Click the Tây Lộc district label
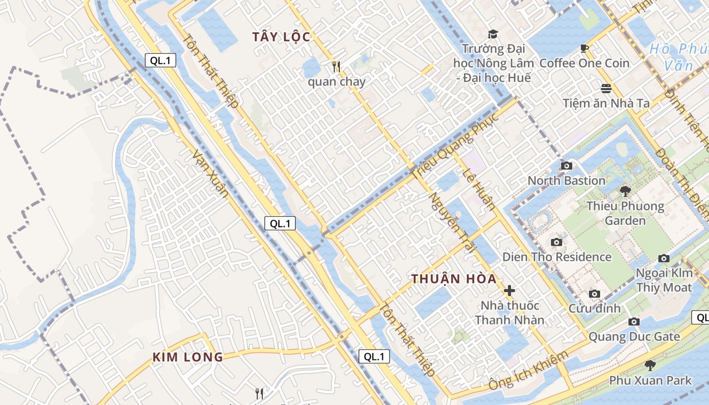[x=281, y=37]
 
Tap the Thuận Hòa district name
[x=453, y=279]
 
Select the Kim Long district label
[x=188, y=357]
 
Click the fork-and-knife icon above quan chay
[x=335, y=66]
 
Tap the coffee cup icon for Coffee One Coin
[x=584, y=48]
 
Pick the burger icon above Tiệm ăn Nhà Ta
[x=606, y=88]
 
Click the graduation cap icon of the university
[x=493, y=34]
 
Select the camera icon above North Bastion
[x=566, y=166]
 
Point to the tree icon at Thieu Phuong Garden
[x=625, y=191]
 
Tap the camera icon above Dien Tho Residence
[x=557, y=242]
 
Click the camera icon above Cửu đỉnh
[x=595, y=294]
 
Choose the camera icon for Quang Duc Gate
[x=634, y=321]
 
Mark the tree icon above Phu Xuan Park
[x=650, y=365]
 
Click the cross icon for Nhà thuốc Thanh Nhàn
[x=509, y=291]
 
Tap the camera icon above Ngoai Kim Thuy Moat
[x=664, y=258]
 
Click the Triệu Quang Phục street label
[x=456, y=144]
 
